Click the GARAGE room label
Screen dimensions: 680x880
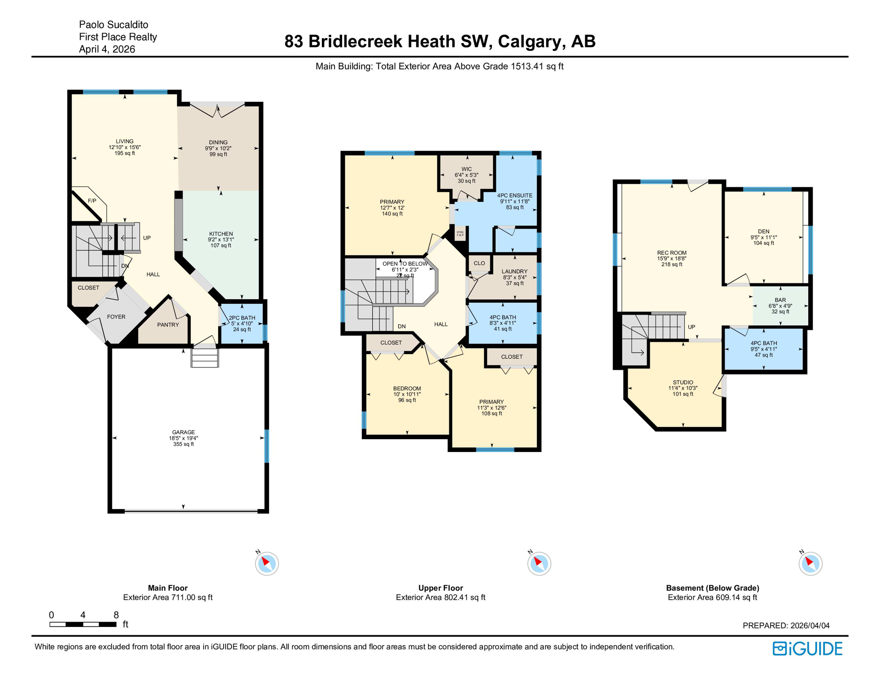[183, 433]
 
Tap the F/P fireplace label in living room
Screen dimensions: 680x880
[92, 201]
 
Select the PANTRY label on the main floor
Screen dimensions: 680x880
[168, 325]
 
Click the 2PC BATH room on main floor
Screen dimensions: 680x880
[242, 323]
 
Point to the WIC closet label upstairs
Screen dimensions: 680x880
[466, 169]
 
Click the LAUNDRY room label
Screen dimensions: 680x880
[514, 271]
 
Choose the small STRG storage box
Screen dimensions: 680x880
[460, 233]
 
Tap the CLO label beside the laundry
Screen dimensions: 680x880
[479, 263]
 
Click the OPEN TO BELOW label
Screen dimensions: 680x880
[405, 264]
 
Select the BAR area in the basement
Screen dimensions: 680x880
[780, 300]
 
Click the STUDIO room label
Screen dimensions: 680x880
[683, 382]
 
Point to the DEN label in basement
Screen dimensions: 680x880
[763, 232]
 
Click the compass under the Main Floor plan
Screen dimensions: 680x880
[266, 564]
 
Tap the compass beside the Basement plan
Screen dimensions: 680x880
[810, 564]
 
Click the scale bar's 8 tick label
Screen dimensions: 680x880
[116, 615]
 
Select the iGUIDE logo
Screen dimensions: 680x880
[807, 649]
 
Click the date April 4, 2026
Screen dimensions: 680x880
[107, 49]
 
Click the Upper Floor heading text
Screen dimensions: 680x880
[440, 588]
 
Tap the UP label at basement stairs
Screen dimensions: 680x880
[691, 327]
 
